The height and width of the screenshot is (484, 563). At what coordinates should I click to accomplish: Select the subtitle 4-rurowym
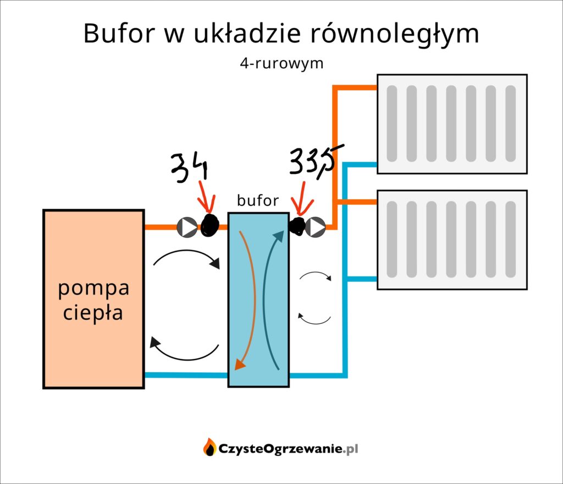tap(281, 64)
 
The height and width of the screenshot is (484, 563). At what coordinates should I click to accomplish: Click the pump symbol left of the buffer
tap(187, 227)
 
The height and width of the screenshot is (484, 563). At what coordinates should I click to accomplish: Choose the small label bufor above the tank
tap(258, 201)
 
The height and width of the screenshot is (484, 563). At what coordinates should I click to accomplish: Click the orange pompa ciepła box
tap(93, 299)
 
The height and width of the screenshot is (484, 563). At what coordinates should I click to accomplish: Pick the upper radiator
tap(451, 124)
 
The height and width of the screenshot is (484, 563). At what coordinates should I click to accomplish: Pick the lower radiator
tap(451, 240)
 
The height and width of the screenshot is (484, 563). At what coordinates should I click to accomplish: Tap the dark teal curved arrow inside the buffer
tap(269, 297)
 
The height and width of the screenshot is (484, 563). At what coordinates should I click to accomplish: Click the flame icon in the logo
tap(209, 447)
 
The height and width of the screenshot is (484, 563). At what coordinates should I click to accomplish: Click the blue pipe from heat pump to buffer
tap(186, 376)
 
